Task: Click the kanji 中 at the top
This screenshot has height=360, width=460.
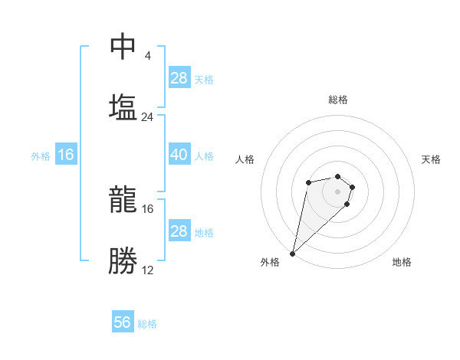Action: click(123, 47)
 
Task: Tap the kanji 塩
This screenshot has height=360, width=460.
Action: click(123, 106)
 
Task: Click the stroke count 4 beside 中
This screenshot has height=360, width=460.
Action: click(147, 56)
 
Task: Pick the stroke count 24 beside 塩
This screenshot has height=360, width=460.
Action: click(147, 117)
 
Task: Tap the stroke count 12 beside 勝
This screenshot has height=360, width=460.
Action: click(147, 270)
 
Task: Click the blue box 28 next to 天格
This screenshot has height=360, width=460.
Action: click(179, 78)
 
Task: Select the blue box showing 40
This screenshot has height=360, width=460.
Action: click(179, 155)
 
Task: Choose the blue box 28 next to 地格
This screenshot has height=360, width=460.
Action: click(179, 231)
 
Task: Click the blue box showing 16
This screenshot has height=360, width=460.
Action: click(66, 155)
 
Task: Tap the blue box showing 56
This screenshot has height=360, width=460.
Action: click(123, 322)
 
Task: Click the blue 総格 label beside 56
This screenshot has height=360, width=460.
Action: click(147, 324)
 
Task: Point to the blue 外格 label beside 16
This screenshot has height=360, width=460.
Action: click(41, 155)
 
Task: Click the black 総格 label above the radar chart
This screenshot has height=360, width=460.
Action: click(338, 100)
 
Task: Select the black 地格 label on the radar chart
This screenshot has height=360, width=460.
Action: click(402, 262)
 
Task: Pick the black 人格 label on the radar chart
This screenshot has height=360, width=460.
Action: click(245, 159)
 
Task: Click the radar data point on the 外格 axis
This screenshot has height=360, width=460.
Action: click(293, 253)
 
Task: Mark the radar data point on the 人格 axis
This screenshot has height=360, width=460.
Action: click(308, 182)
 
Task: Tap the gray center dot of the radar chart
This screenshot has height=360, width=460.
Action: click(338, 191)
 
